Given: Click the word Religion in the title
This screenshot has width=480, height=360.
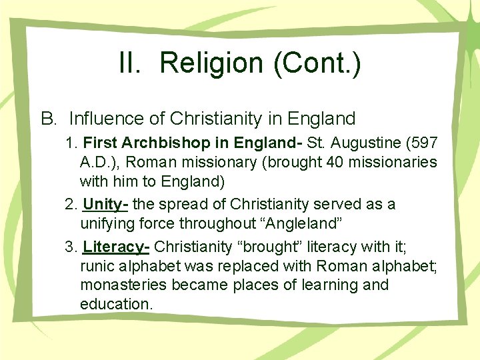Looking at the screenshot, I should coord(211,63).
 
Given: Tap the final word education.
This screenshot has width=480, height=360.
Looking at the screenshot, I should coord(116,305).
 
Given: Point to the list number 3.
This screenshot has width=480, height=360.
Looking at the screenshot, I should coord(71,247).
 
